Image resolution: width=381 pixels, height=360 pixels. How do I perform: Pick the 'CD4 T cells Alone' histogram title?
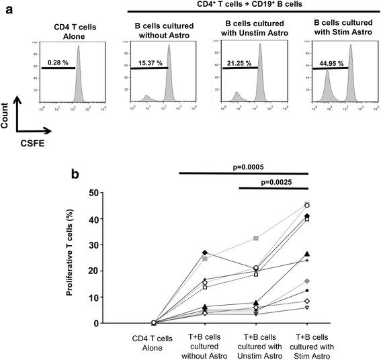67,31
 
